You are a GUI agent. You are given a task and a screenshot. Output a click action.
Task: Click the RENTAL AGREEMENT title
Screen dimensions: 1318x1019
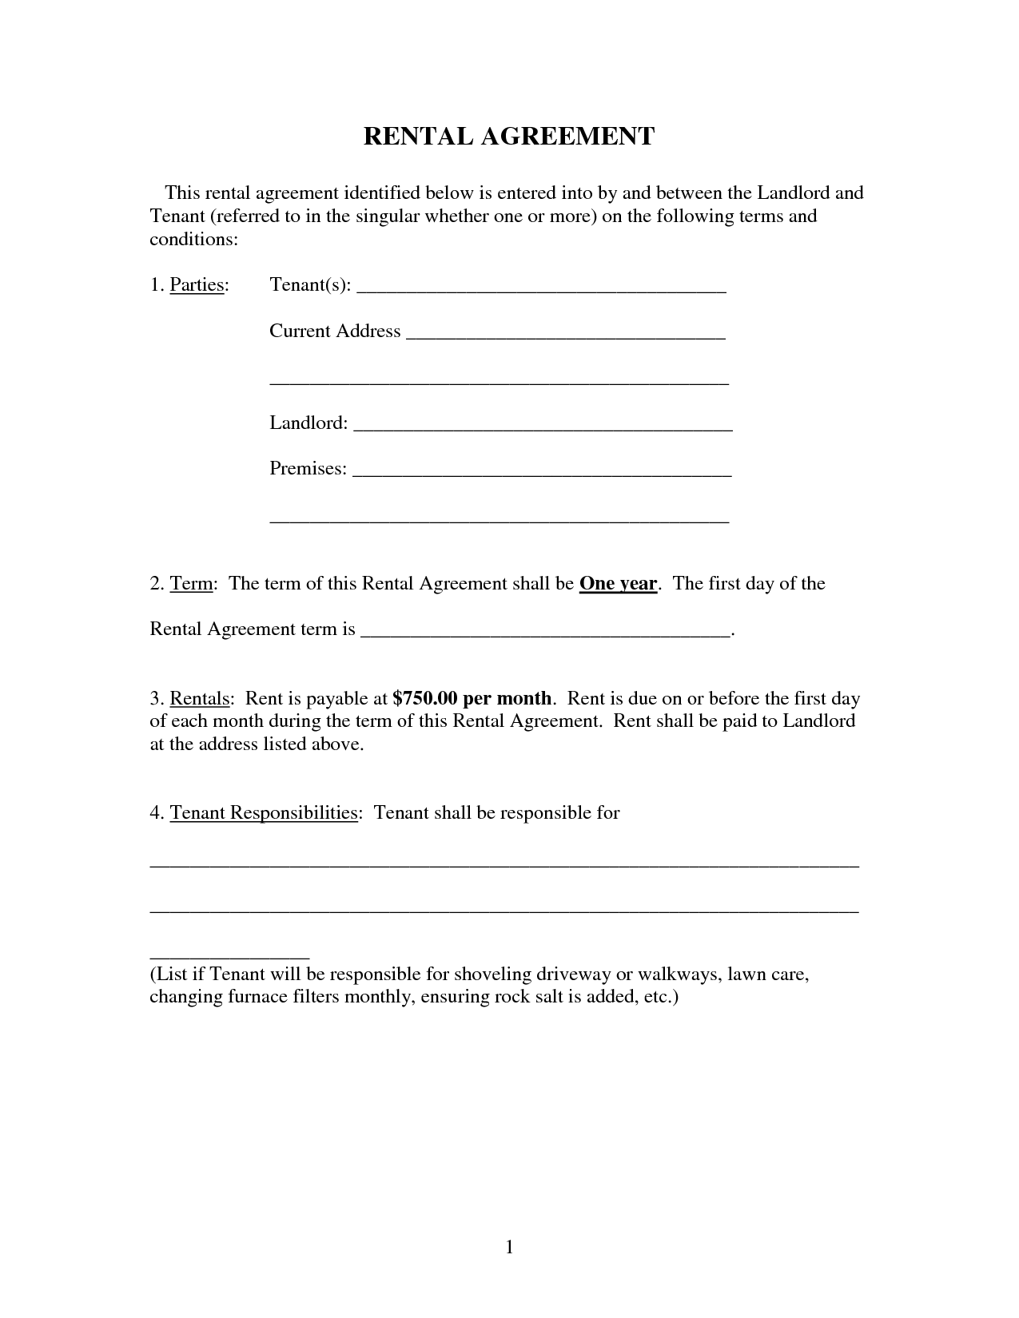click(509, 137)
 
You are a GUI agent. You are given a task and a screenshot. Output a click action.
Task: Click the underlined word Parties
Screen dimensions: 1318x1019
click(196, 285)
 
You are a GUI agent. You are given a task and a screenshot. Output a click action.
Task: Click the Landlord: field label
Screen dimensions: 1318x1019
click(308, 423)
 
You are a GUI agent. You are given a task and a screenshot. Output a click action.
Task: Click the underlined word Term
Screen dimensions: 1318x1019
click(191, 584)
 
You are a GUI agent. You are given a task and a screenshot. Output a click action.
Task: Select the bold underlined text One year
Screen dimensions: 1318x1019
click(618, 584)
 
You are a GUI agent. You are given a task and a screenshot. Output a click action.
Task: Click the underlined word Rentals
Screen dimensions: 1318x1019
click(200, 699)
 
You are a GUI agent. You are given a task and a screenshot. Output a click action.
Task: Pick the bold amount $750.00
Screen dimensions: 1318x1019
click(425, 698)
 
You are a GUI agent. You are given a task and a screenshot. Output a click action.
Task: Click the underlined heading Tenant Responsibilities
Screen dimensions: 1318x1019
click(263, 813)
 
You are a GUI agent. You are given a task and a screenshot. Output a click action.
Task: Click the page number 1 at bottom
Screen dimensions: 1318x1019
click(509, 1247)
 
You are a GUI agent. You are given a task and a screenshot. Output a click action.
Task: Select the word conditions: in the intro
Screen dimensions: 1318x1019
click(193, 240)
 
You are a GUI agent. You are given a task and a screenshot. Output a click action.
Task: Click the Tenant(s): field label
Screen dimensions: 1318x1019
click(310, 285)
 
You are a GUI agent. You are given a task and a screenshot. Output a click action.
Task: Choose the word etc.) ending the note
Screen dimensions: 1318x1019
click(661, 997)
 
